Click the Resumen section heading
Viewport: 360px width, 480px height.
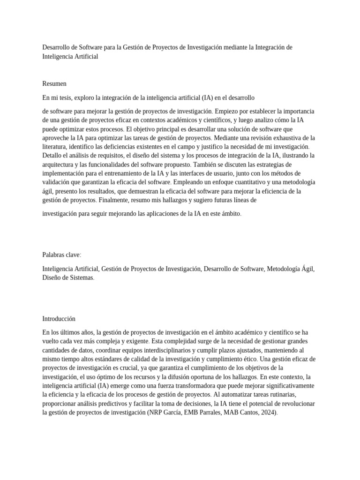point(54,84)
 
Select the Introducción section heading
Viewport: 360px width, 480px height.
point(59,319)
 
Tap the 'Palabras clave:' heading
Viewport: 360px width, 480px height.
point(62,255)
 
